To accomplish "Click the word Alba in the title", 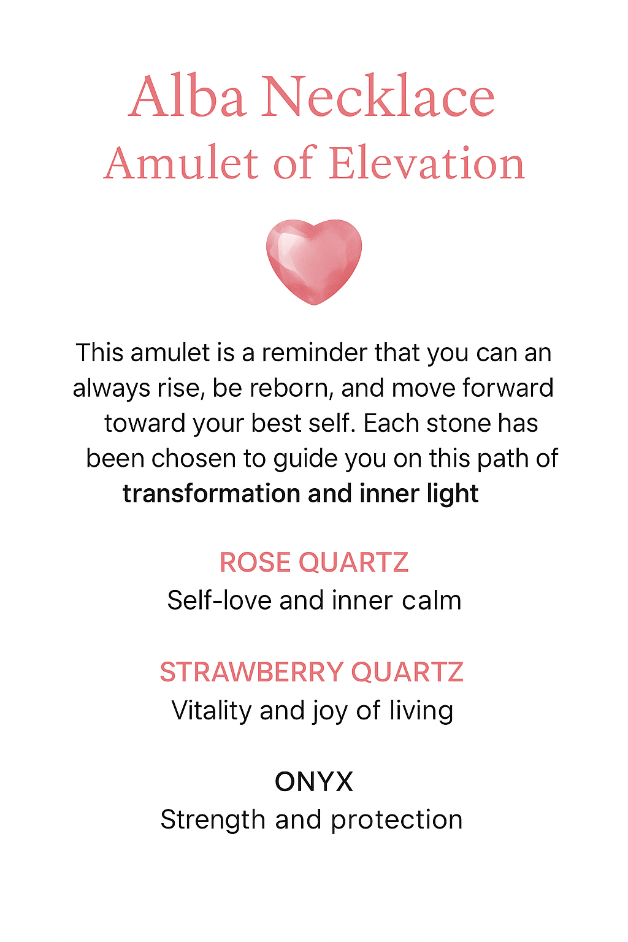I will (188, 97).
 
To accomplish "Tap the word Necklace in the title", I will (378, 97).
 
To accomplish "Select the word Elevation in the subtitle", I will (427, 164).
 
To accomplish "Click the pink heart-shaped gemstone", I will (314, 260).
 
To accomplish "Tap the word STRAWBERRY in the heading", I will (251, 672).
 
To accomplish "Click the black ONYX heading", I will (314, 782).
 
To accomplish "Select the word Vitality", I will (212, 711).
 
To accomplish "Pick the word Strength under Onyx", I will (214, 821).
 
